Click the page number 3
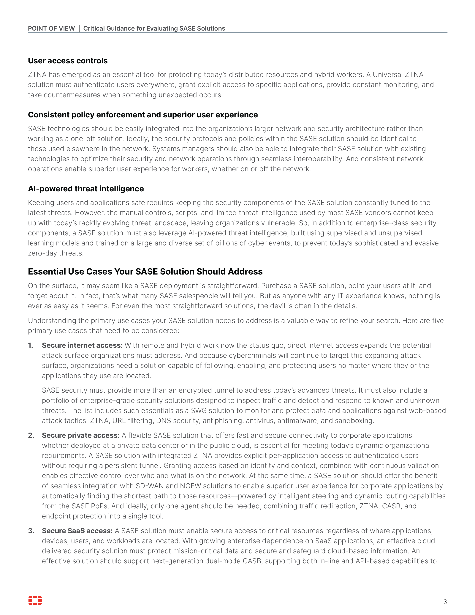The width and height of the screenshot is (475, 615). (x=445, y=602)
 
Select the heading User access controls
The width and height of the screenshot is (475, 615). (x=68, y=61)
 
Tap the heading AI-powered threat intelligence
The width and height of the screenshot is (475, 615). (x=86, y=189)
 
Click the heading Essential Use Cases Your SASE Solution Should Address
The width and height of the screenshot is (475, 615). (x=145, y=272)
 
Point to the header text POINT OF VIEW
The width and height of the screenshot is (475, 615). (x=51, y=29)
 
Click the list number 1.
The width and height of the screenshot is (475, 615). (x=30, y=346)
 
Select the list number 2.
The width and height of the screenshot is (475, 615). (x=31, y=435)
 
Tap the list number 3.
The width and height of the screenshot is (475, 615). (x=31, y=531)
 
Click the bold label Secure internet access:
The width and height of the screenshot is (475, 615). (x=82, y=346)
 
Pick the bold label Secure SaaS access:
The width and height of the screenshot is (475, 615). (x=77, y=531)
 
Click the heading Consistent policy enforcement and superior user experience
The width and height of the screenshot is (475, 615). (x=143, y=115)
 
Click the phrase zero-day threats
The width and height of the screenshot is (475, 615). (x=56, y=253)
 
